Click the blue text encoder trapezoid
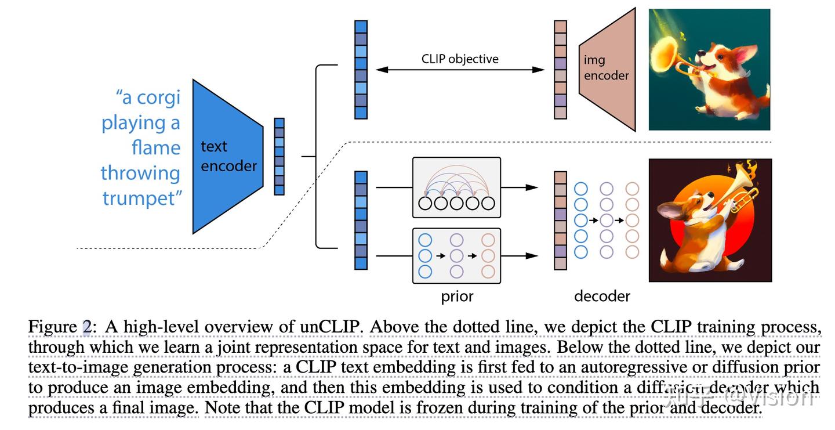[226, 156]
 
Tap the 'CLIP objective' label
[460, 59]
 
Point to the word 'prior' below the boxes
[457, 297]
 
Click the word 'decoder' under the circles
[602, 297]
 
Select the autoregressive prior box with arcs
[456, 187]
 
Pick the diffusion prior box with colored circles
[456, 255]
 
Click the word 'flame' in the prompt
[155, 147]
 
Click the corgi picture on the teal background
[709, 69]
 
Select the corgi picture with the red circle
[710, 220]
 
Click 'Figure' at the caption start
[52, 327]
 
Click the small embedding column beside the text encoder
[279, 156]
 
